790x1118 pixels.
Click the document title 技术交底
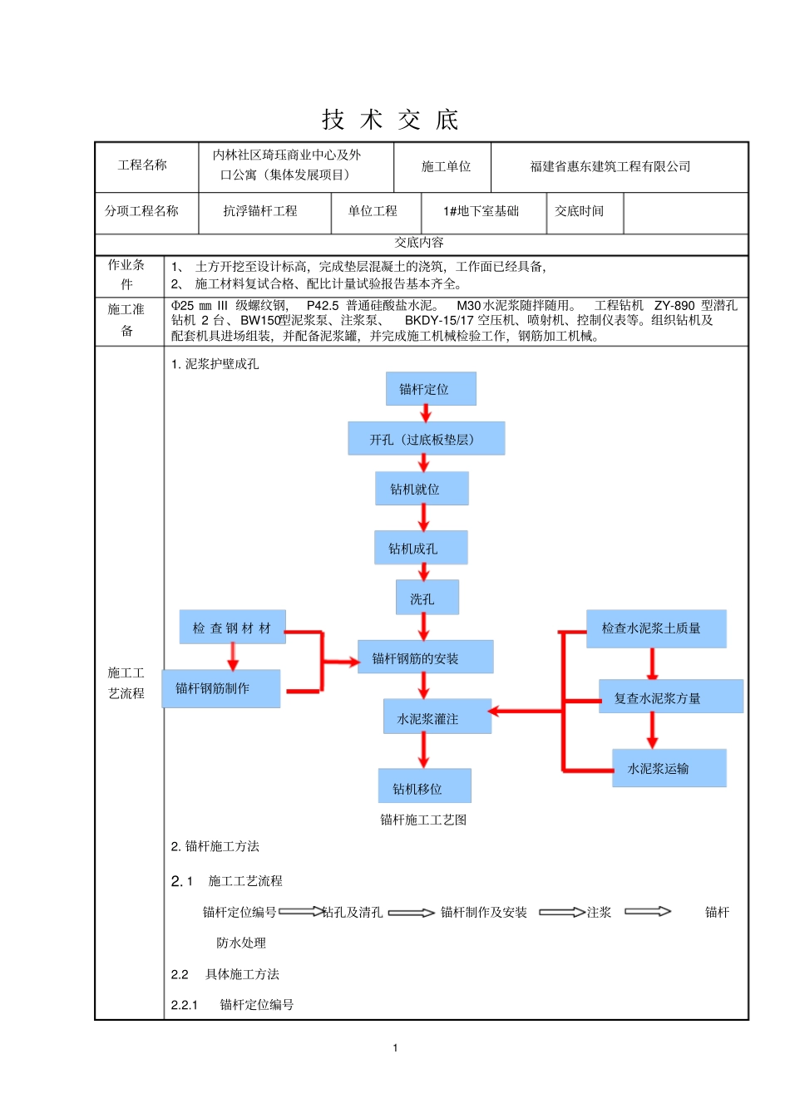(390, 120)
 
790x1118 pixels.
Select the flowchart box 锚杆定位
(431, 389)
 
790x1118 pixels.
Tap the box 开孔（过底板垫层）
(426, 439)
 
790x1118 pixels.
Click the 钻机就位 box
(422, 489)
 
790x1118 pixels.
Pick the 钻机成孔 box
(421, 548)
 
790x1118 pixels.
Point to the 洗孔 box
(427, 598)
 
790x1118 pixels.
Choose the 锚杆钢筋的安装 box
(425, 658)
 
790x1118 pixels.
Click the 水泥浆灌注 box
(437, 717)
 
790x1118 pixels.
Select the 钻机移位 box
(424, 786)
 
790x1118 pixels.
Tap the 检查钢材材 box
(232, 628)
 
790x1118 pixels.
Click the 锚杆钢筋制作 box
(220, 688)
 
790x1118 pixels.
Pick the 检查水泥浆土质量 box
(655, 628)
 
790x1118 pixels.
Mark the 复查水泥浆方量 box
(670, 697)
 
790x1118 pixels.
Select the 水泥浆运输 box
(669, 768)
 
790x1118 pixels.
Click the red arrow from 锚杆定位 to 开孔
(426, 413)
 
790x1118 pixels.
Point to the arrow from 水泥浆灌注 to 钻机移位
(423, 751)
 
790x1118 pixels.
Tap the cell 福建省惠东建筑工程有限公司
(610, 166)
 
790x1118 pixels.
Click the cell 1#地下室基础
(481, 211)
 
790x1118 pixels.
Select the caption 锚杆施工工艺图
(423, 820)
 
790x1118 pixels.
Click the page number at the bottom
(395, 1047)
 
